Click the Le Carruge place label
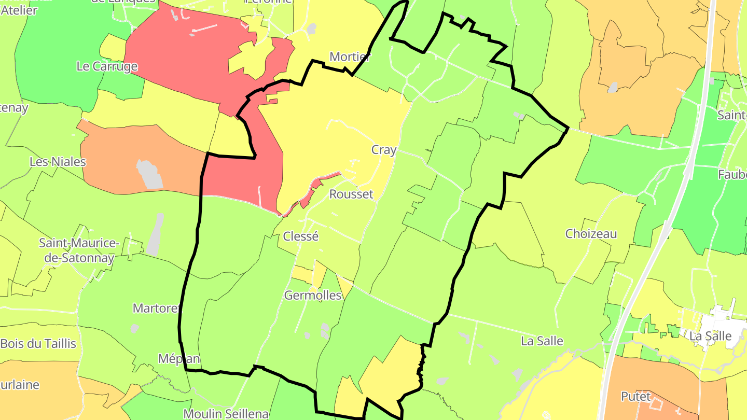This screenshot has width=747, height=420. click(107, 66)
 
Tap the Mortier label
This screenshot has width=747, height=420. click(350, 57)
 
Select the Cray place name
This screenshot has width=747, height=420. click(384, 150)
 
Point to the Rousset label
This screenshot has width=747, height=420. click(351, 194)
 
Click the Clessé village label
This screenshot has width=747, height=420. click(300, 236)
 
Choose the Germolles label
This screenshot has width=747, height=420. click(313, 295)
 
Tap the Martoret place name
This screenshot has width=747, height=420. click(156, 308)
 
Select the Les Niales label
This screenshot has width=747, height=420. click(58, 161)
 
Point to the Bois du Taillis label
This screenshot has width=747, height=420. click(38, 343)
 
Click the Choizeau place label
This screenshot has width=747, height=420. click(591, 233)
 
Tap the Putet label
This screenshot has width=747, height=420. click(635, 396)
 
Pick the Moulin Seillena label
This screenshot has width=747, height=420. click(226, 414)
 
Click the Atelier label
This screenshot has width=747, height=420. click(19, 10)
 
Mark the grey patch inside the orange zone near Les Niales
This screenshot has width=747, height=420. click(149, 174)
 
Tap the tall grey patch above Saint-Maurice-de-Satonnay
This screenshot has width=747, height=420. click(155, 236)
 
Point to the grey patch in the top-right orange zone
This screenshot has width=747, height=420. click(613, 87)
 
